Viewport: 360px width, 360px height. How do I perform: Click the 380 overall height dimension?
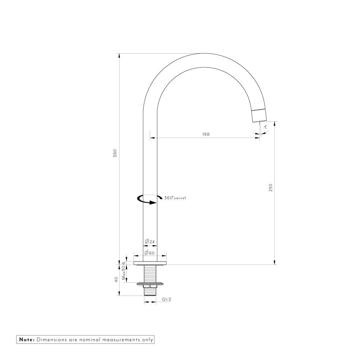pos(115,153)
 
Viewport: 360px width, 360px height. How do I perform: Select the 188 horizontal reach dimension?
pos(206,134)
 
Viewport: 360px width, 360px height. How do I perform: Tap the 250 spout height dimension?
pos(271,188)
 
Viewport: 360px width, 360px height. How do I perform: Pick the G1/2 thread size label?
pos(166,299)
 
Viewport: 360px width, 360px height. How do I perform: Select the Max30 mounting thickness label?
pos(124,274)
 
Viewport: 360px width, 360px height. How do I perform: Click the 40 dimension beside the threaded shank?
pos(116,280)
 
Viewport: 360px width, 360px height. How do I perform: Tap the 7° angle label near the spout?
pos(265,127)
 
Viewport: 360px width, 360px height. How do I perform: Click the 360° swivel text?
pos(175,198)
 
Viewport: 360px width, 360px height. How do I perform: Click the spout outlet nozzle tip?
pos(259,115)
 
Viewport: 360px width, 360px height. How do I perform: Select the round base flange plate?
pos(150,263)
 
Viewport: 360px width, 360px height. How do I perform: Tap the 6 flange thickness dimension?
pos(124,263)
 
